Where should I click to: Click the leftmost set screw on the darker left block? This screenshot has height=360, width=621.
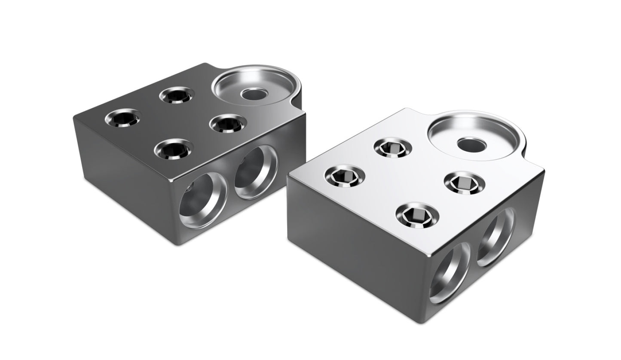[123, 117]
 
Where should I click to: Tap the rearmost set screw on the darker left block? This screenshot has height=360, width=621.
[176, 95]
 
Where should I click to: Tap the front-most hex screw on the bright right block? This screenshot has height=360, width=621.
[416, 214]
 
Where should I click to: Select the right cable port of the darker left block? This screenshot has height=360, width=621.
[257, 172]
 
